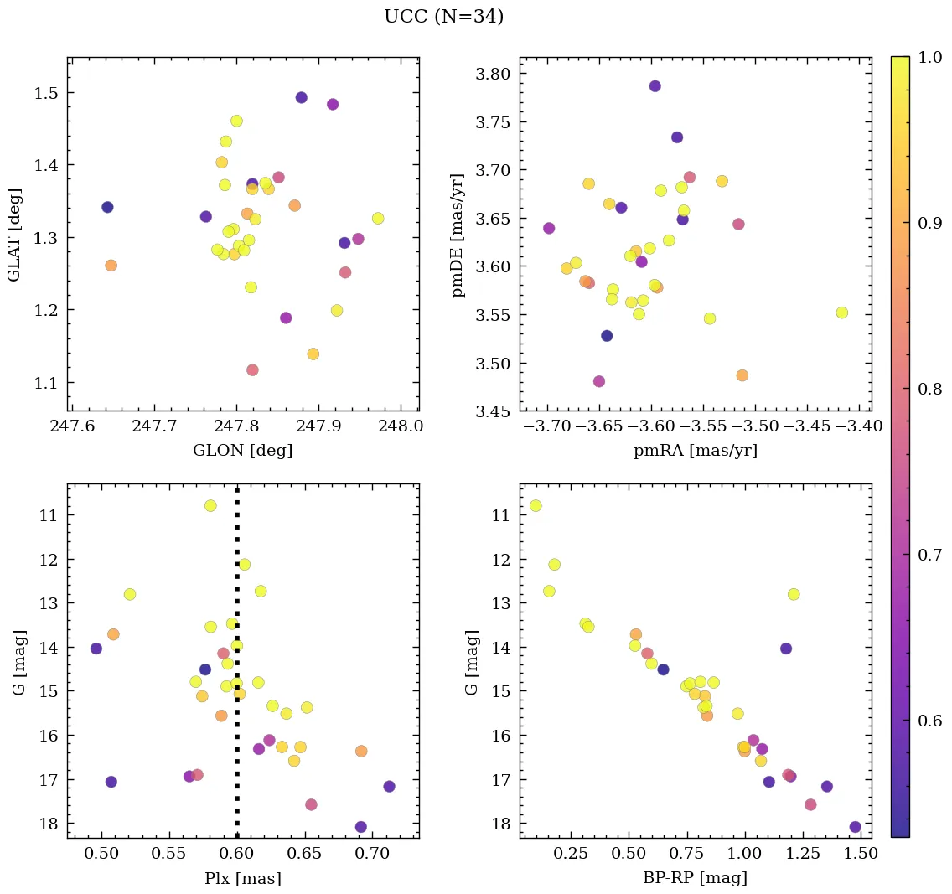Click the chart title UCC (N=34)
pyautogui.click(x=443, y=17)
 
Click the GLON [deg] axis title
pyautogui.click(x=242, y=451)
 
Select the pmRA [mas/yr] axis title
pyautogui.click(x=696, y=451)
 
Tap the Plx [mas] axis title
pyautogui.click(x=242, y=878)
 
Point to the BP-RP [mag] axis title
pyautogui.click(x=696, y=878)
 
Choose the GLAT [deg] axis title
pyautogui.click(x=14, y=234)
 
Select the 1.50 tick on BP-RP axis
pyautogui.click(x=861, y=855)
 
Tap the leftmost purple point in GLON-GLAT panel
pyautogui.click(x=107, y=207)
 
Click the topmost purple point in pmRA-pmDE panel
pyautogui.click(x=655, y=86)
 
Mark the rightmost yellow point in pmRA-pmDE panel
pyautogui.click(x=842, y=313)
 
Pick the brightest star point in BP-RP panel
pyautogui.click(x=535, y=505)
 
